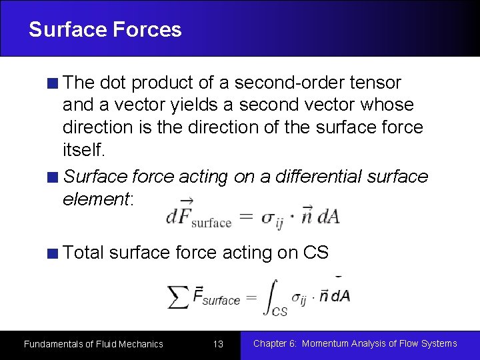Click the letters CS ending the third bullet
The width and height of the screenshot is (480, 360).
[316, 253]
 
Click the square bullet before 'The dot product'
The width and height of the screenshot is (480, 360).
[53, 83]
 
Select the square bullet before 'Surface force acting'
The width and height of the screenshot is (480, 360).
[53, 177]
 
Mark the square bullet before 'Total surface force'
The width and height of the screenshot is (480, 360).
[53, 253]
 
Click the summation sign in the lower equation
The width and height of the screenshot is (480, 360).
[178, 297]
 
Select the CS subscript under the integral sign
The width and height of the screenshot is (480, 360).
[280, 311]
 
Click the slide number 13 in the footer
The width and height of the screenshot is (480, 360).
[218, 344]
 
